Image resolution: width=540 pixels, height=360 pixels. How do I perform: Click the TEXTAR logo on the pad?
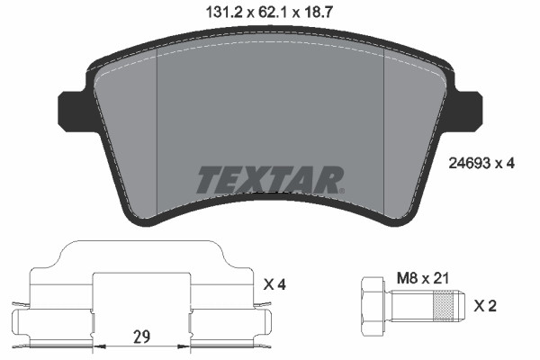pyautogui.click(x=269, y=180)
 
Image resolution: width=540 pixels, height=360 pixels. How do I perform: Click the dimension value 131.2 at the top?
pyautogui.click(x=211, y=12)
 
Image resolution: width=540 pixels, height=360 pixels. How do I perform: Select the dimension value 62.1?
pyautogui.click(x=270, y=12)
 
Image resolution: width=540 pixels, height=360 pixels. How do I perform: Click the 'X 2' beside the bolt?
pyautogui.click(x=487, y=306)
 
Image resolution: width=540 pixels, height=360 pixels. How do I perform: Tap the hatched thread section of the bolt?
pyautogui.click(x=442, y=306)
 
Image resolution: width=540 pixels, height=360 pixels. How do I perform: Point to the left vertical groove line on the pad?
pyautogui.click(x=157, y=135)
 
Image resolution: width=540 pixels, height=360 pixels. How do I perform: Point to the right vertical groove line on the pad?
pyautogui.click(x=384, y=135)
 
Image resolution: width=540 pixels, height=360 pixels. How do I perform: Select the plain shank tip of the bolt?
pyautogui.click(x=460, y=306)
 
